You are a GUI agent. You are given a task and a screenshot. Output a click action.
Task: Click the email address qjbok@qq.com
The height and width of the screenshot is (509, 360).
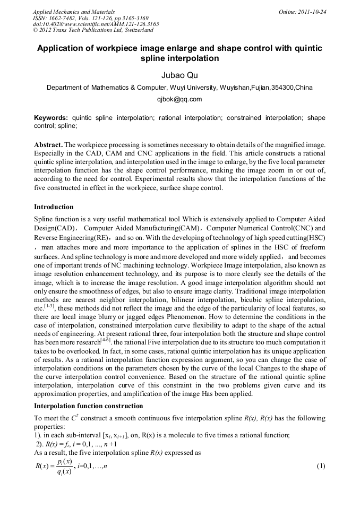click(x=179, y=99)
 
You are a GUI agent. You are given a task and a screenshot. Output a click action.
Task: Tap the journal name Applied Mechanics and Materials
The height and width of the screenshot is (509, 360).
click(x=74, y=12)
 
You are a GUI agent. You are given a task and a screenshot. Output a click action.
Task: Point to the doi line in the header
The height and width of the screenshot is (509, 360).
click(x=96, y=24)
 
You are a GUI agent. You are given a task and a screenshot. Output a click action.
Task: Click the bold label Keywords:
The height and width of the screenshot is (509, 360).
click(x=51, y=118)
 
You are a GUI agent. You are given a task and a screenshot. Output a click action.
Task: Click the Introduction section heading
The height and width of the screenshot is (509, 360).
click(x=54, y=206)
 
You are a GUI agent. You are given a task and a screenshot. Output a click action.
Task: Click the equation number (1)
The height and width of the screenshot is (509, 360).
click(x=320, y=466)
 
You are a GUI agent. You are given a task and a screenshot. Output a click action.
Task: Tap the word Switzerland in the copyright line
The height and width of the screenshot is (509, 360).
click(x=136, y=31)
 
